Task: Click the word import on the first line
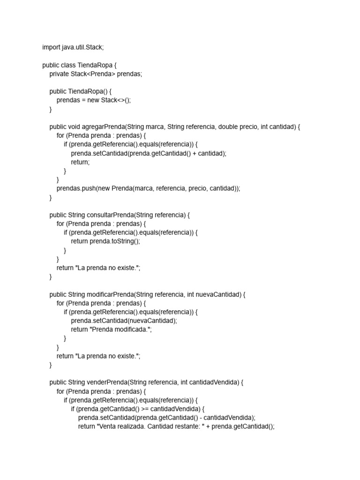[51, 47]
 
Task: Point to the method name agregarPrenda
[103, 127]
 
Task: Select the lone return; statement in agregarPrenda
[80, 162]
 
